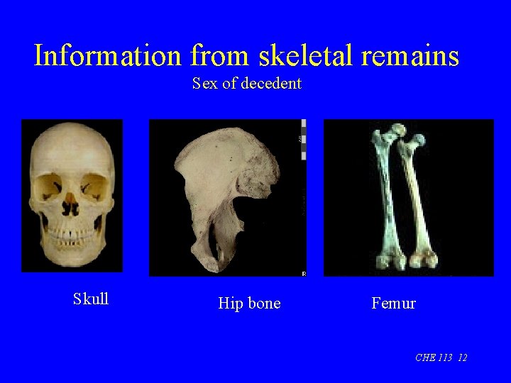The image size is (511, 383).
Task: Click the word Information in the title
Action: (109, 55)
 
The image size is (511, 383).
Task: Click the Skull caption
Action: (91, 299)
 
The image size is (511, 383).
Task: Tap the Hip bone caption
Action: (249, 304)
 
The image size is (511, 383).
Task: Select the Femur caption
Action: (393, 304)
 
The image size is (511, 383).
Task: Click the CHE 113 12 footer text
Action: (441, 357)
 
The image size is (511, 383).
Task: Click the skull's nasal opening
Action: (70, 206)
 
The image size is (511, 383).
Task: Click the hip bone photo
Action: (227, 197)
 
